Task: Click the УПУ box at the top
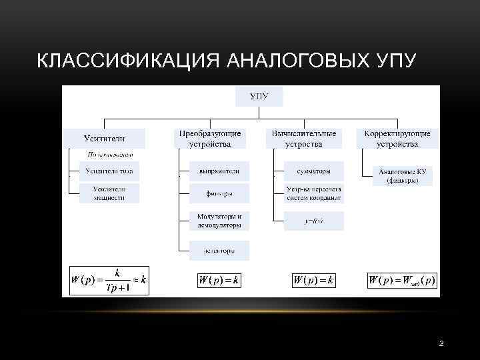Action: [259, 97]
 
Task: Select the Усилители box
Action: [104, 139]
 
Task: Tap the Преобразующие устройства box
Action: [210, 139]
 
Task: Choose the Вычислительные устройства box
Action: [304, 139]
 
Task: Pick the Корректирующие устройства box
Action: [397, 139]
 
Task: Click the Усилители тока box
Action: [109, 171]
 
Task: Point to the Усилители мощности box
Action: [109, 193]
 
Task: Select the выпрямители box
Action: [219, 171]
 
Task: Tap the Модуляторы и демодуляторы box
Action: [219, 221]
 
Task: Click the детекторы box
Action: [219, 251]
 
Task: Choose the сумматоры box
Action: [314, 171]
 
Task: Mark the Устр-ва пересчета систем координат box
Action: [314, 193]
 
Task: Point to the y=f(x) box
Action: [314, 221]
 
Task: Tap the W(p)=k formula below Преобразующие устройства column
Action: [219, 281]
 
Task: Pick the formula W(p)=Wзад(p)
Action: [402, 281]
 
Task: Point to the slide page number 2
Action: [441, 343]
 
